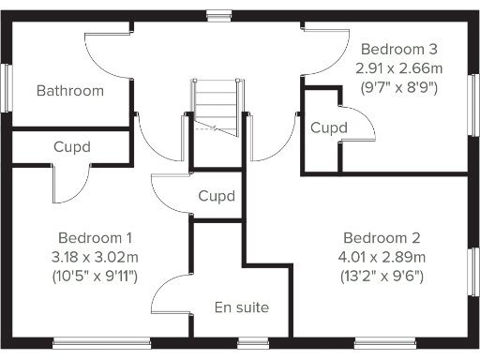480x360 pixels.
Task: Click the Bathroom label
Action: [69, 91]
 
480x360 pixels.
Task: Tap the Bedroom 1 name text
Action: [95, 237]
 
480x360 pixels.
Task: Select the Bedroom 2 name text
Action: [381, 237]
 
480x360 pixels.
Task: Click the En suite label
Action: [242, 307]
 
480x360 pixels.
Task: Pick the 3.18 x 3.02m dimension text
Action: [95, 257]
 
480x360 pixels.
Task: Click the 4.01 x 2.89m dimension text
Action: [381, 257]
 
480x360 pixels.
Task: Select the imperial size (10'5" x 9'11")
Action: [95, 276]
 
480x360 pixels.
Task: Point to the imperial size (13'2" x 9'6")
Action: [381, 276]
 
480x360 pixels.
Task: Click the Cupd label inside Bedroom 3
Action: [329, 127]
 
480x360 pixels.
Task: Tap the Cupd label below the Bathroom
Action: [72, 147]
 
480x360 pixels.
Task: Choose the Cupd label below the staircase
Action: [217, 197]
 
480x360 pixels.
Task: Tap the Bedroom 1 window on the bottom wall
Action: [101, 343]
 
